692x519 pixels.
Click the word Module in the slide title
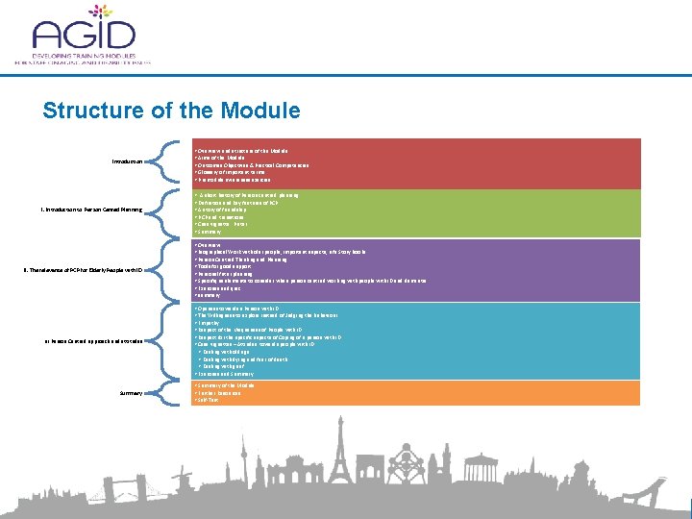(264, 111)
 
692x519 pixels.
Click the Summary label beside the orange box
(130, 393)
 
